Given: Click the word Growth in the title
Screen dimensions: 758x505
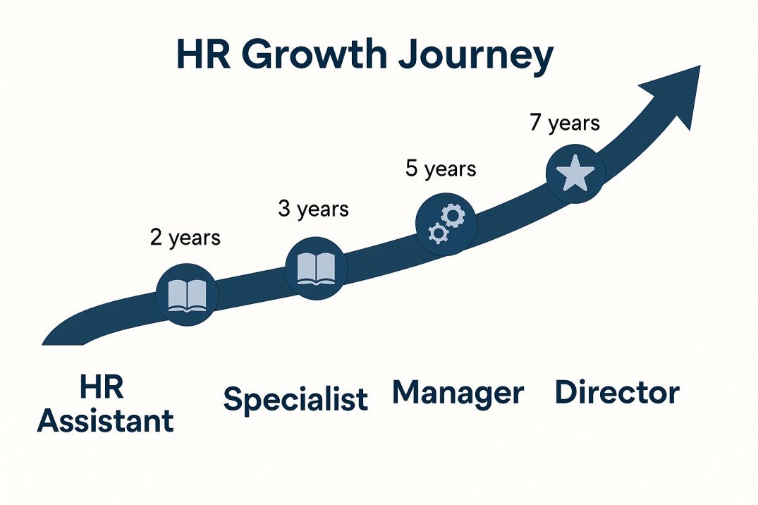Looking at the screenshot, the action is click(x=314, y=54).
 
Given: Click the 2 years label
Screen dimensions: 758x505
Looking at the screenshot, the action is click(x=185, y=238).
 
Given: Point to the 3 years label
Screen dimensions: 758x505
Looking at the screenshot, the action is click(x=313, y=209).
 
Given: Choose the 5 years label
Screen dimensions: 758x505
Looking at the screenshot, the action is click(x=441, y=169).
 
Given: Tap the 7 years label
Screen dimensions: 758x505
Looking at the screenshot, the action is click(x=565, y=123).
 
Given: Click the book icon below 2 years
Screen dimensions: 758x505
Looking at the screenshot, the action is click(x=187, y=295).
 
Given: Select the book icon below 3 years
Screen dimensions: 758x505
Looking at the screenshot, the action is click(x=316, y=269).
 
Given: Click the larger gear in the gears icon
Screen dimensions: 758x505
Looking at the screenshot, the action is click(x=453, y=215).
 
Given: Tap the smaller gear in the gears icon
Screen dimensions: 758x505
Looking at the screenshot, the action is click(x=439, y=233).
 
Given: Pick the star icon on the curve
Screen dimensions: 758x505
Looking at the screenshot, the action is click(x=575, y=173).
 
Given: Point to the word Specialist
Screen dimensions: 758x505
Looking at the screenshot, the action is click(x=295, y=399).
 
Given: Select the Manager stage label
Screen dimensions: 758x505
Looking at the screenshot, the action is click(x=458, y=393).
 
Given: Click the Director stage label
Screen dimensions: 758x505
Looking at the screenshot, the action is click(x=617, y=392).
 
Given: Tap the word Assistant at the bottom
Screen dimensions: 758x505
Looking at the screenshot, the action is click(x=105, y=420).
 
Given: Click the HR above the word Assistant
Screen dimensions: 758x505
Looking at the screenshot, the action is click(x=102, y=387).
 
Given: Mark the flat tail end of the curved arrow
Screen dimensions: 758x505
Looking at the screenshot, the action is click(x=63, y=344).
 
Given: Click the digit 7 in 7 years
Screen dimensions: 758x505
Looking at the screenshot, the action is click(x=534, y=122).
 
